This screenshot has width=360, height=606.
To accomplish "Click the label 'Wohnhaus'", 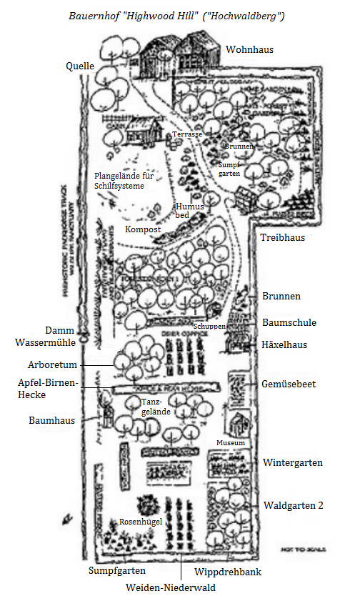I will (x=249, y=49).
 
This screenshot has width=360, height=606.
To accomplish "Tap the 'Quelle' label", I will (x=80, y=66).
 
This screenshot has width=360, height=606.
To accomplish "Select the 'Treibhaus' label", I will (x=282, y=237).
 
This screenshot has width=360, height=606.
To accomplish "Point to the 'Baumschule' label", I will (x=289, y=322).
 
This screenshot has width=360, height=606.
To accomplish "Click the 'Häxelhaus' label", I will (x=284, y=344).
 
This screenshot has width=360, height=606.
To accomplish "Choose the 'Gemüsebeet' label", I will (x=289, y=384).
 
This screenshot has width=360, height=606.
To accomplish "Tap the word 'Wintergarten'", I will (x=293, y=462).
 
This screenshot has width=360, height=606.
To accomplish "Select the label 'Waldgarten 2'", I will (x=294, y=505).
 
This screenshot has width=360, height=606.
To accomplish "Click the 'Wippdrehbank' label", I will (x=227, y=572).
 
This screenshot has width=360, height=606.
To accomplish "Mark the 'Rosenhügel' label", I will (x=141, y=522).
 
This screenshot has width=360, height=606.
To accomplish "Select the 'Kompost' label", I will (x=143, y=229).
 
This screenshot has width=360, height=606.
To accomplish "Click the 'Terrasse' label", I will (x=188, y=134).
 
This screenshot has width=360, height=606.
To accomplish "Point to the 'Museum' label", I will (x=231, y=443).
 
